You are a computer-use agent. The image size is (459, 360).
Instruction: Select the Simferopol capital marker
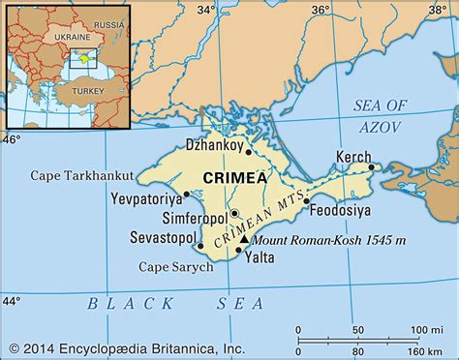coord(233,213)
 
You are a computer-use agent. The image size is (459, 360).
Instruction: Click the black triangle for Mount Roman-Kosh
coord(245,237)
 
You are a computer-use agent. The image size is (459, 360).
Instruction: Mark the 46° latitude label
coord(11,138)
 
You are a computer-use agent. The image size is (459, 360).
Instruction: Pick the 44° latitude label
coord(11,301)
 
